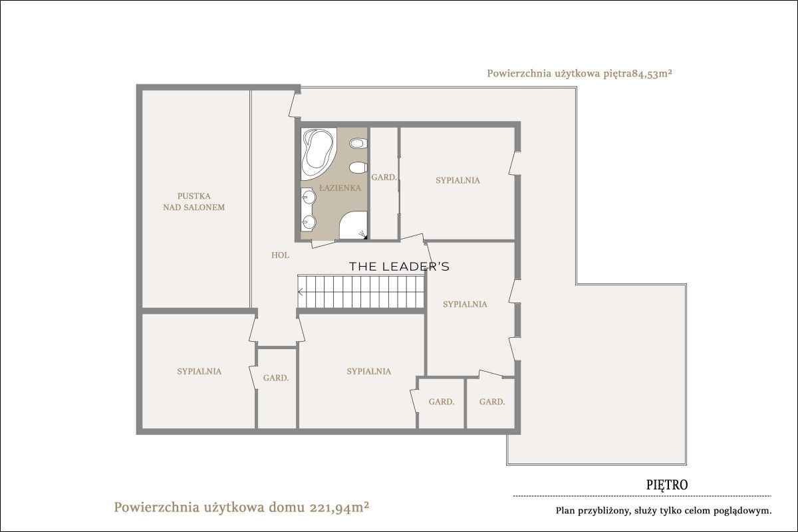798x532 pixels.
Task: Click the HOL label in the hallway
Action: click(280, 255)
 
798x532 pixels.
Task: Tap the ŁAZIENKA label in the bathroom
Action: click(340, 188)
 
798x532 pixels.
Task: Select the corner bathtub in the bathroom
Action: click(318, 154)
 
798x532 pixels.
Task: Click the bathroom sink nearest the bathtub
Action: click(309, 196)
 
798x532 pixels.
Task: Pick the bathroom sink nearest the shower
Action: click(309, 222)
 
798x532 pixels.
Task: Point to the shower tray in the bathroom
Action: click(353, 225)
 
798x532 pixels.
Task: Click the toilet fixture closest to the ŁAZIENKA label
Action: click(358, 168)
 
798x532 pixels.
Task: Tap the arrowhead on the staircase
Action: click(301, 292)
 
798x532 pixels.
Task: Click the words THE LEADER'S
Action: click(399, 267)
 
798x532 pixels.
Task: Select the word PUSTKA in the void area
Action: click(194, 196)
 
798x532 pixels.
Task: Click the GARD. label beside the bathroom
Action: click(384, 177)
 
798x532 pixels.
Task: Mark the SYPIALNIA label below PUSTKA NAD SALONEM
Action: click(199, 371)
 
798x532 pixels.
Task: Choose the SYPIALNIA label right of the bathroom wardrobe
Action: click(458, 180)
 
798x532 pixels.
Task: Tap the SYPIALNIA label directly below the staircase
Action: click(368, 371)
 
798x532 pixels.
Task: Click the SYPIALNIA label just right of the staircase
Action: click(465, 304)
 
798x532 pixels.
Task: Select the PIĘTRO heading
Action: click(667, 485)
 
